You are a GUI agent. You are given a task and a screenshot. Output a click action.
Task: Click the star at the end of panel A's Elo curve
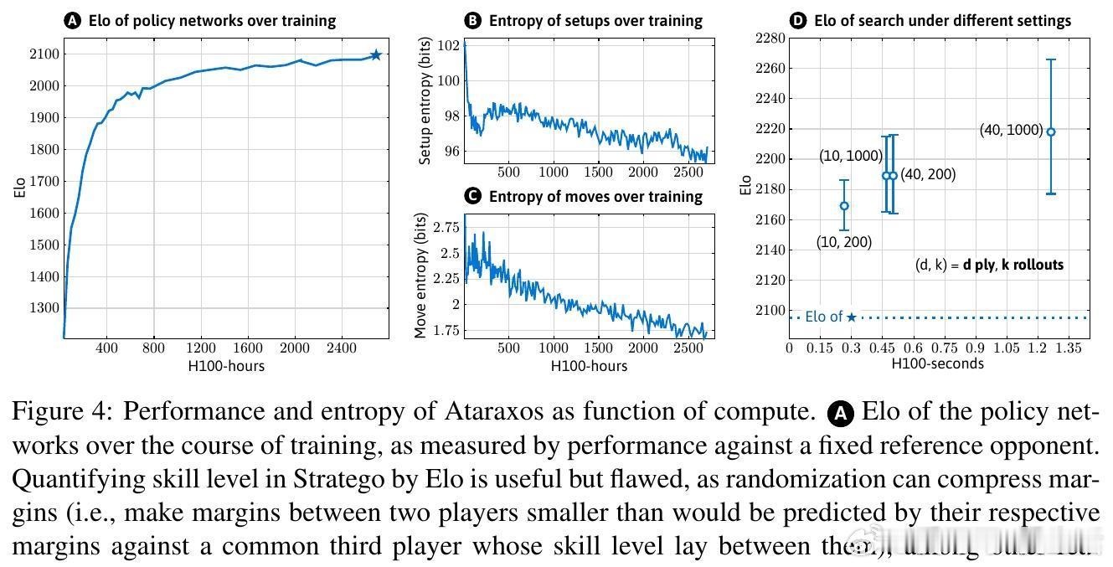pyautogui.click(x=376, y=54)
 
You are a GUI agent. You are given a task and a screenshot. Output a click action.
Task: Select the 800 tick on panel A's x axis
pyautogui.click(x=153, y=348)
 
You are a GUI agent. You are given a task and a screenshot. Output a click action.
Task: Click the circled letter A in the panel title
pyautogui.click(x=73, y=20)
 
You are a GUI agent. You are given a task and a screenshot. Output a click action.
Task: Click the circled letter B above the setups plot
pyautogui.click(x=473, y=20)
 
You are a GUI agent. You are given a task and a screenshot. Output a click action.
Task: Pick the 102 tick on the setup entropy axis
pyautogui.click(x=450, y=46)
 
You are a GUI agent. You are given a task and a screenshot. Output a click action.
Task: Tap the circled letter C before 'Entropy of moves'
pyautogui.click(x=473, y=196)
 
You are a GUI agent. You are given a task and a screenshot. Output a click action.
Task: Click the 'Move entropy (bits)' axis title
pyautogui.click(x=421, y=276)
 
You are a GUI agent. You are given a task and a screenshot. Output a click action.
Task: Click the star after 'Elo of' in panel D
pyautogui.click(x=851, y=317)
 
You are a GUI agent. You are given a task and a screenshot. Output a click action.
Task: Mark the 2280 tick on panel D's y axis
pyautogui.click(x=771, y=38)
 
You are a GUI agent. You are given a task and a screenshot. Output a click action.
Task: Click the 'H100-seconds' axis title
pyautogui.click(x=937, y=363)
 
